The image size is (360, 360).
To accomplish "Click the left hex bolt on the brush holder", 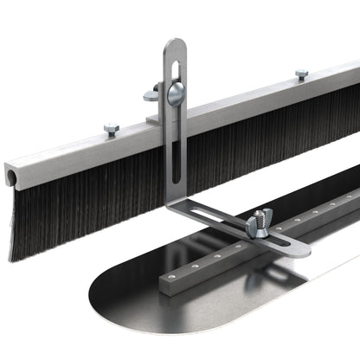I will pyautogui.click(x=111, y=129).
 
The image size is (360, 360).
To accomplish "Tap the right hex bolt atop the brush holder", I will pyautogui.click(x=301, y=74).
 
